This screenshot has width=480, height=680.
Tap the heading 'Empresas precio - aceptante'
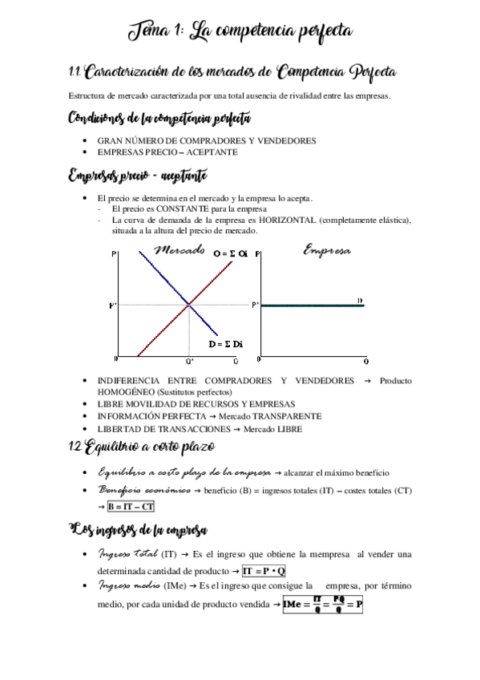pos(139,175)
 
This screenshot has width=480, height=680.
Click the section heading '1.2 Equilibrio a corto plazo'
pos(143,447)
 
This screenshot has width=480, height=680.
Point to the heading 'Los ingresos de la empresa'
pos(139,530)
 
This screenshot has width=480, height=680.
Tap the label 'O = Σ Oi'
pos(231,253)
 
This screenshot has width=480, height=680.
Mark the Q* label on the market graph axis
pos(189,362)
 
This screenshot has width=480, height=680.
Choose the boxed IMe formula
pos(323,605)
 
